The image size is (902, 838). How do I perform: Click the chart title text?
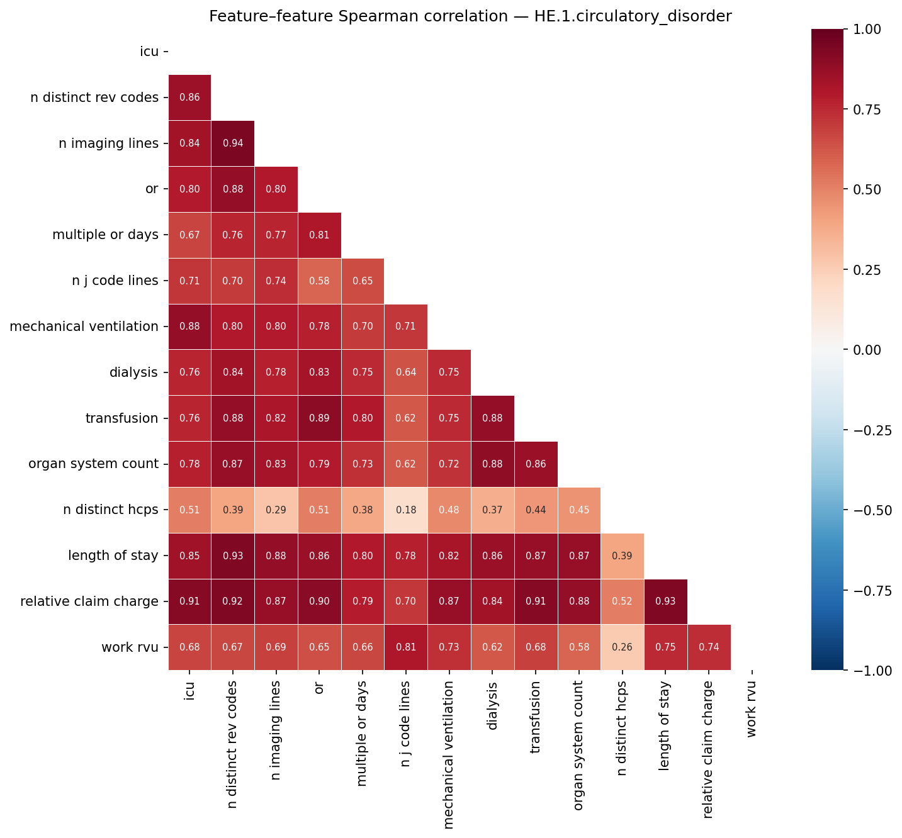tap(470, 16)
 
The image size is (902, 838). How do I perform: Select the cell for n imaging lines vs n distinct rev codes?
tap(233, 143)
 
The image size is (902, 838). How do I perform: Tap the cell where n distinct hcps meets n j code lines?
tap(406, 510)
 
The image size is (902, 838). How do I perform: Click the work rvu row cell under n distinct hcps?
tap(623, 647)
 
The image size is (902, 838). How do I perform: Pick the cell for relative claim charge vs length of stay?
tap(666, 601)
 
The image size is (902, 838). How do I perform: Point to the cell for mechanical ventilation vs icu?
tap(189, 327)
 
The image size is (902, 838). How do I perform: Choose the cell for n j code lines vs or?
tap(319, 281)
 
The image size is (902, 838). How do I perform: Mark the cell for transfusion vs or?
tap(319, 418)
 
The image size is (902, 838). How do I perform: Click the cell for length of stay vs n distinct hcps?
tap(623, 556)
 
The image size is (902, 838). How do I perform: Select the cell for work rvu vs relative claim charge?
tap(709, 647)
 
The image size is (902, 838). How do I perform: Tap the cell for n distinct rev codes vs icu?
tap(189, 98)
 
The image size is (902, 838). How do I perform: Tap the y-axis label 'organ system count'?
tap(93, 464)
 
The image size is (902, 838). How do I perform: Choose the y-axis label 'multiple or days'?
tap(105, 235)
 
